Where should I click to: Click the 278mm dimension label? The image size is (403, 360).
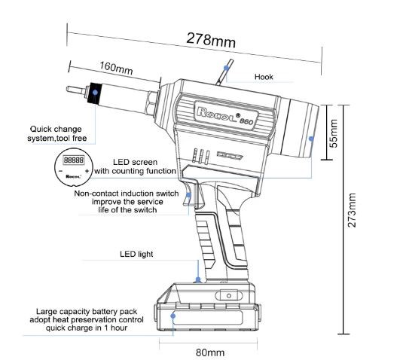211,40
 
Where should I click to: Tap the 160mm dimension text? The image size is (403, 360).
116,68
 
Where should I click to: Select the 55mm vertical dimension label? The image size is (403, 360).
334,133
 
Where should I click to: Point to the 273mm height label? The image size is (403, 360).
352,210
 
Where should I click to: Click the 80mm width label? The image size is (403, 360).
210,352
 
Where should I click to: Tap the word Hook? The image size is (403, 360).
264,77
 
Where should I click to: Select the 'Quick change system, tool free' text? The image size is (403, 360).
56,133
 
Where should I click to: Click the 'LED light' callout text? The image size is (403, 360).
136,254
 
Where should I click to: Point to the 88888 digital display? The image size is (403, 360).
74,160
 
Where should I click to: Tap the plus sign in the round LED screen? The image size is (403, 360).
87,171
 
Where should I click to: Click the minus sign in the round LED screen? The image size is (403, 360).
61,171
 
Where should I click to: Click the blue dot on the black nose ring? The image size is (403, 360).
95,93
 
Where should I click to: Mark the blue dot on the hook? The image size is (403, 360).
226,68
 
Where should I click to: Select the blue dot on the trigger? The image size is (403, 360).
188,195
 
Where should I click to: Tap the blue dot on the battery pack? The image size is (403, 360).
173,316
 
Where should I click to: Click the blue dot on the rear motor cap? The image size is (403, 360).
311,139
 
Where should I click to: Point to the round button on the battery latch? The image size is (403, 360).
229,296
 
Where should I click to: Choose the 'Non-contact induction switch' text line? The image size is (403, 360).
127,194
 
